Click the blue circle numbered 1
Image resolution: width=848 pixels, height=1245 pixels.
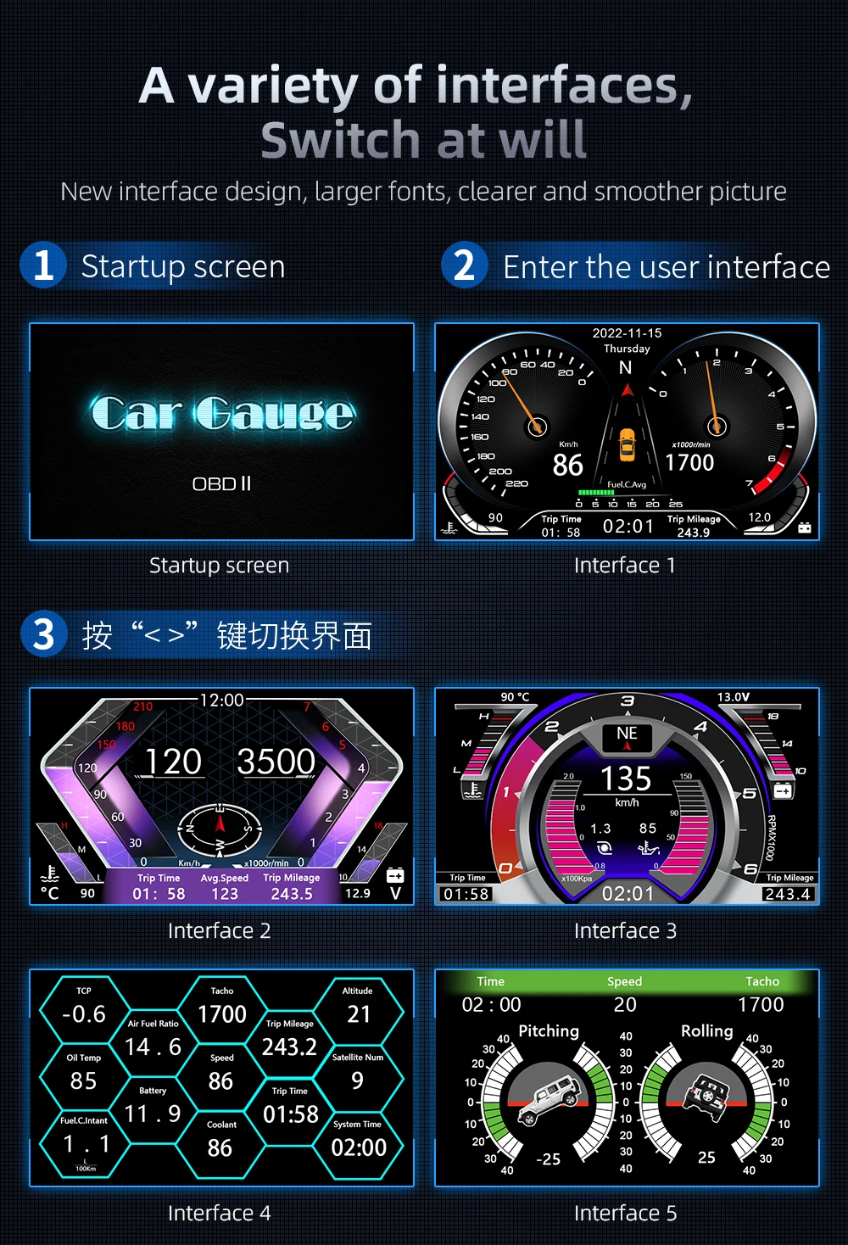pos(43,265)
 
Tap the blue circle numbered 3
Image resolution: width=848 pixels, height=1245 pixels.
pos(43,634)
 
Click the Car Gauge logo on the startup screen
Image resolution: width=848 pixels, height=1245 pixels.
pos(222,413)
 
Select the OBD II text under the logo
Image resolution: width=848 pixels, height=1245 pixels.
pos(221,483)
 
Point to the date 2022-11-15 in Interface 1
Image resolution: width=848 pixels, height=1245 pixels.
pos(627,333)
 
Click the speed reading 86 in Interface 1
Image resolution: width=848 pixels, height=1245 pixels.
pos(567,465)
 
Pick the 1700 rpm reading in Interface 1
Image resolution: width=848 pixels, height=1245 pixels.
pos(689,462)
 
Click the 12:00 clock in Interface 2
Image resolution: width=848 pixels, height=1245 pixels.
pos(221,700)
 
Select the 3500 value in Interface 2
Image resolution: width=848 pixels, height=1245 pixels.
pos(276,762)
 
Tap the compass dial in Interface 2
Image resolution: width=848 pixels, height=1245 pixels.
pos(220,827)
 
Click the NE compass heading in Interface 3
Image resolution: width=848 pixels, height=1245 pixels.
pos(627,734)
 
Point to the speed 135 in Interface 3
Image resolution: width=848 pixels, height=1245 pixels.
pos(626,779)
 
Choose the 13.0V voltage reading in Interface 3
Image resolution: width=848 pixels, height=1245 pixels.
pos(734,697)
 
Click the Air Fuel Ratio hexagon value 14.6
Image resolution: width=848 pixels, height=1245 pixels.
pos(153,1047)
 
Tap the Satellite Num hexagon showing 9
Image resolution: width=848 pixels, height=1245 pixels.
pos(357,1080)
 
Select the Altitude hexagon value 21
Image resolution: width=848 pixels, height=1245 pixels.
pos(358,1013)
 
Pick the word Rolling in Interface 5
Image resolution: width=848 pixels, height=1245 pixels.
pos(706,1030)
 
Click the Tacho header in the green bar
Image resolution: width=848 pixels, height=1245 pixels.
pos(762,981)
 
